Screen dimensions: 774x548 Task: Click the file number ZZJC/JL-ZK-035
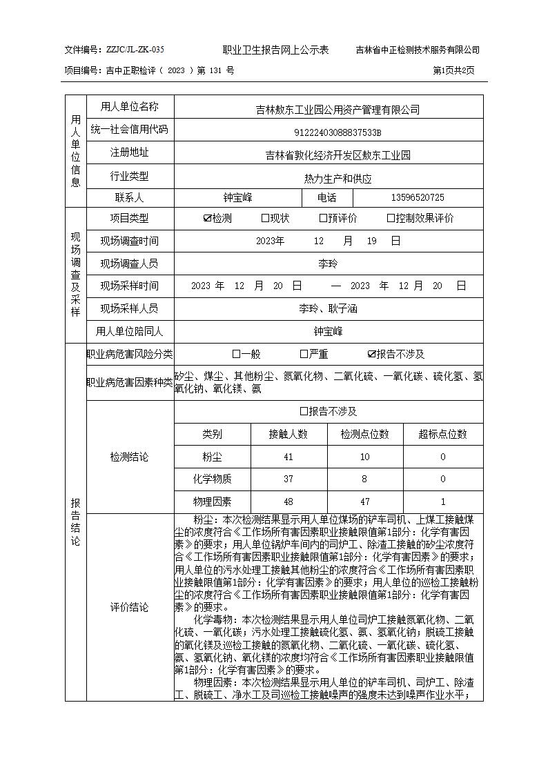coord(135,50)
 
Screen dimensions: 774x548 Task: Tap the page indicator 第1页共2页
coord(453,70)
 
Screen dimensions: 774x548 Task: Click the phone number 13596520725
coord(418,198)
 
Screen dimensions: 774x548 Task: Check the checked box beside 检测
coord(207,219)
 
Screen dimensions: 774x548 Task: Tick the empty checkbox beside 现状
coord(265,219)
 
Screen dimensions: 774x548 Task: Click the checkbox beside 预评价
coord(323,219)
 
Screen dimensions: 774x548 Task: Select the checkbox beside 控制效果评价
coord(391,219)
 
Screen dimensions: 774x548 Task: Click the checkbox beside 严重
coord(304,355)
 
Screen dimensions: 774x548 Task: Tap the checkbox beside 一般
coord(236,355)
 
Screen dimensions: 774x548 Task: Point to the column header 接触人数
coord(288,435)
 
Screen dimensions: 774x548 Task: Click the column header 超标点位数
coord(442,435)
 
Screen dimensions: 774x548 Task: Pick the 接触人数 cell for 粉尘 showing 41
coord(288,457)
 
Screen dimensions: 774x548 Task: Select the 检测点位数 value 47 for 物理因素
coord(364,502)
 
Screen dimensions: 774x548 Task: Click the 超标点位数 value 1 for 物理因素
coord(442,502)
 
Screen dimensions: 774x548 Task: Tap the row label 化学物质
coord(213,479)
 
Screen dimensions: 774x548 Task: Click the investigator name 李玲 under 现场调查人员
coord(328,264)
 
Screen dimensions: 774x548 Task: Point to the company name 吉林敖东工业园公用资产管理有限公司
coord(337,110)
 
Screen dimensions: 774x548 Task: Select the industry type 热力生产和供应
coord(337,179)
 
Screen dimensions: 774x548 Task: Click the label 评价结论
coord(129,608)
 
